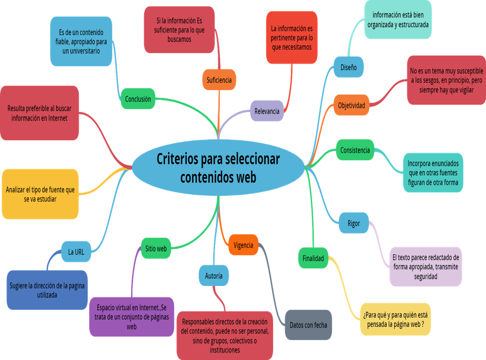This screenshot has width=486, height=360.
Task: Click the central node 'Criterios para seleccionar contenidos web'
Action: point(218,168)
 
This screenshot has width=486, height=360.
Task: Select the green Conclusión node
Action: point(138,99)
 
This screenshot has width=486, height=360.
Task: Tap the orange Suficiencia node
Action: point(219,80)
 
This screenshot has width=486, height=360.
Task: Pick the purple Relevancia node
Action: point(267,111)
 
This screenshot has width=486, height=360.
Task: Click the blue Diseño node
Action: point(348,67)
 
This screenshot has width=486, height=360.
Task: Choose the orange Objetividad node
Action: point(351,105)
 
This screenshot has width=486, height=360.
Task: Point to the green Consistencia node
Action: point(355,150)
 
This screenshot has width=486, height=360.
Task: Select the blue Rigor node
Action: point(353,223)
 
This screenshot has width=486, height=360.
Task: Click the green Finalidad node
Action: point(313,258)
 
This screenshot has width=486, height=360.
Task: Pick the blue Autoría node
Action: point(214,275)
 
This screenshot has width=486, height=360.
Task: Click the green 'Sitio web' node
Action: point(156,248)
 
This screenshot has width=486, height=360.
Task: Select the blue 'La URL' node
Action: point(76,252)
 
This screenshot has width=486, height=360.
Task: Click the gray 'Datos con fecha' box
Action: point(308,325)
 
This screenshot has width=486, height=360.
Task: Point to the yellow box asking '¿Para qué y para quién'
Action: point(395,319)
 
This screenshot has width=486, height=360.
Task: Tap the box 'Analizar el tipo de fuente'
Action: point(40,194)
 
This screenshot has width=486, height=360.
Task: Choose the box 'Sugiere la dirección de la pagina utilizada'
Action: point(47,290)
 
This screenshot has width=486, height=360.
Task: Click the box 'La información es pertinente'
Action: point(292,38)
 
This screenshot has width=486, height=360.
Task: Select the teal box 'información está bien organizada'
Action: point(397,20)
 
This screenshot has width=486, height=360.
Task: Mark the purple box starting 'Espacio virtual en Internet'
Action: point(132,316)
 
